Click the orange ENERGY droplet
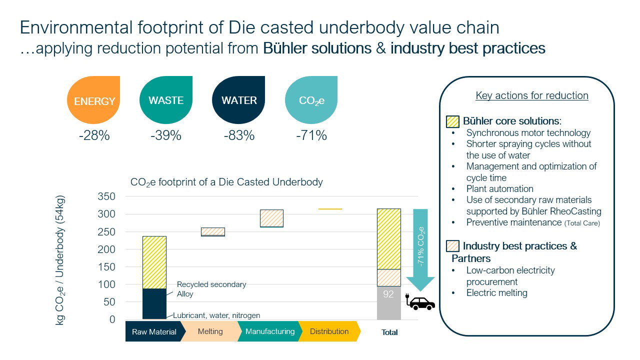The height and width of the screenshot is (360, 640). pyautogui.click(x=94, y=100)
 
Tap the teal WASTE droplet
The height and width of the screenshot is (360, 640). pyautogui.click(x=166, y=100)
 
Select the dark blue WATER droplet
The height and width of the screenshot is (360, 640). pyautogui.click(x=239, y=100)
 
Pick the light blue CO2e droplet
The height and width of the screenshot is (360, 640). pyautogui.click(x=311, y=100)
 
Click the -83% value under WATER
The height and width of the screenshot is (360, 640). pyautogui.click(x=239, y=135)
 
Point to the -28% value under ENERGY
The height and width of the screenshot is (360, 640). pyautogui.click(x=94, y=135)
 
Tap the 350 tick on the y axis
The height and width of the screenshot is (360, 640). pyautogui.click(x=105, y=196)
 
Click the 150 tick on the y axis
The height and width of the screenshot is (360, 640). pyautogui.click(x=105, y=267)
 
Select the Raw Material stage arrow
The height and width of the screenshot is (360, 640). pyautogui.click(x=154, y=331)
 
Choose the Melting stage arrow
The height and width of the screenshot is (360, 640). pyautogui.click(x=210, y=331)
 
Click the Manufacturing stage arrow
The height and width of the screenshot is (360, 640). pyautogui.click(x=270, y=331)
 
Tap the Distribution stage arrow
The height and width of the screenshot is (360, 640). pyautogui.click(x=329, y=331)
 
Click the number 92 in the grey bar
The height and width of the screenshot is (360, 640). pyautogui.click(x=388, y=294)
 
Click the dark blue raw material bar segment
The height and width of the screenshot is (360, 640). pyautogui.click(x=154, y=303)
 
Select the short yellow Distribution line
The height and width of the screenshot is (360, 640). pyautogui.click(x=330, y=209)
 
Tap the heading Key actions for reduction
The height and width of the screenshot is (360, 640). pyautogui.click(x=531, y=95)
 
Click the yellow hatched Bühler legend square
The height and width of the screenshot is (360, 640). pyautogui.click(x=452, y=121)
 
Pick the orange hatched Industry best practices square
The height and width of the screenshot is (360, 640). pyautogui.click(x=452, y=246)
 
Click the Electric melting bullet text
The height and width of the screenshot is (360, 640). pyautogui.click(x=496, y=293)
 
